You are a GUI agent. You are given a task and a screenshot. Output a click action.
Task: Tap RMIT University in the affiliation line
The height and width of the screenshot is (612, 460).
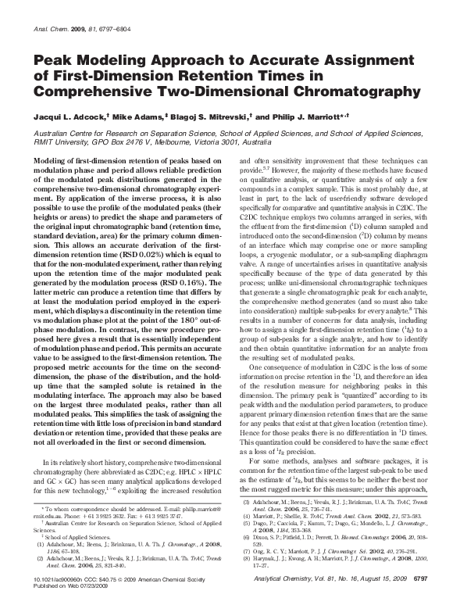click(55, 143)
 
